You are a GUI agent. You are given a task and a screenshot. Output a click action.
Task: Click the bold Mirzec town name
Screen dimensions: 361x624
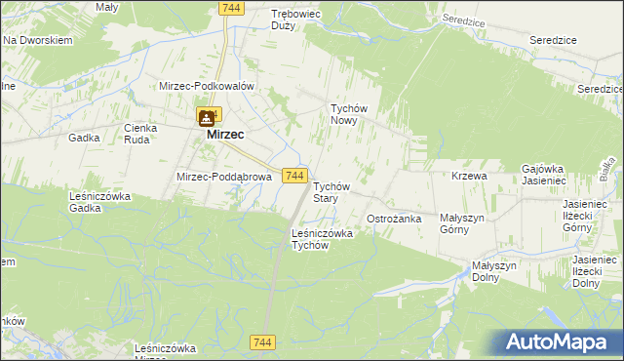[225, 136]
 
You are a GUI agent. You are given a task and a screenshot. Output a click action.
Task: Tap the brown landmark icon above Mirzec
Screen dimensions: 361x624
[208, 118]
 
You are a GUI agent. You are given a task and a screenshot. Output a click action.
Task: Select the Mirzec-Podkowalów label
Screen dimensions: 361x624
[207, 86]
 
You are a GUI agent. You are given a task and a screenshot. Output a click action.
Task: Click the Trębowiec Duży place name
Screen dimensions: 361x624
[297, 20]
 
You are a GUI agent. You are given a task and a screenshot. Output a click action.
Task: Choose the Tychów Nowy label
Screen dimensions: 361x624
[348, 115]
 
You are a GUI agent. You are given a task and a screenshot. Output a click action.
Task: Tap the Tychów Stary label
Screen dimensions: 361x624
[331, 191]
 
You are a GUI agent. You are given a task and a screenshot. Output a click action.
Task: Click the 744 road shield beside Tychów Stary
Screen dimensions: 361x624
[296, 175]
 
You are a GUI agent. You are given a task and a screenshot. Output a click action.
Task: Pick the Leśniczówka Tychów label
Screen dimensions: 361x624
[322, 239]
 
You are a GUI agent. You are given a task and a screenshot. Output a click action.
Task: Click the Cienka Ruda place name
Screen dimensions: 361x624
[141, 133]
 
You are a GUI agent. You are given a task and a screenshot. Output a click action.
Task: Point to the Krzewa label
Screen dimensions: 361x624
[469, 176]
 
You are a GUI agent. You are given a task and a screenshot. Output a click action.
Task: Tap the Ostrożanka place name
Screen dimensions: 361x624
[393, 219]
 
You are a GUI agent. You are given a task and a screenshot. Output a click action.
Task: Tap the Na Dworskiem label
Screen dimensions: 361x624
[39, 41]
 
